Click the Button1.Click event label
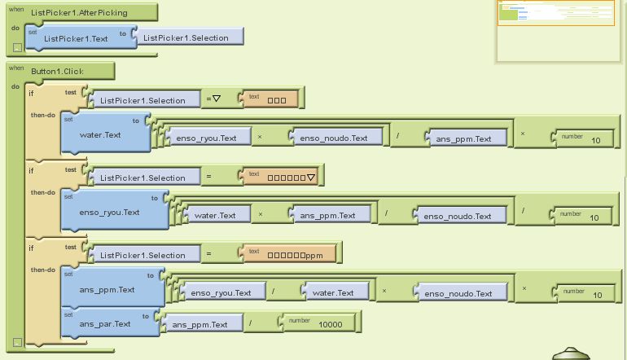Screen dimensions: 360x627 click(57, 71)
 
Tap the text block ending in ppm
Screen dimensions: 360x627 click(288, 255)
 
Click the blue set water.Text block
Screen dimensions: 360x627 click(101, 134)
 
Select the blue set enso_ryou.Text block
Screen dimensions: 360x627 click(110, 212)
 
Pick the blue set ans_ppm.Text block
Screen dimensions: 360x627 click(107, 289)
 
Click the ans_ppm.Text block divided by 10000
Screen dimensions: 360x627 click(200, 325)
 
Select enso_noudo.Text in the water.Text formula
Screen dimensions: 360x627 click(334, 138)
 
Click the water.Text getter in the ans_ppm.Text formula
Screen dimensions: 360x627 click(335, 293)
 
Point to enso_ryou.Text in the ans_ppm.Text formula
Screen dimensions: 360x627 click(221, 293)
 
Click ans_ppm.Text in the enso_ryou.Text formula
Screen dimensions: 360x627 click(328, 216)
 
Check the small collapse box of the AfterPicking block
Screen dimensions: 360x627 click(18, 47)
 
